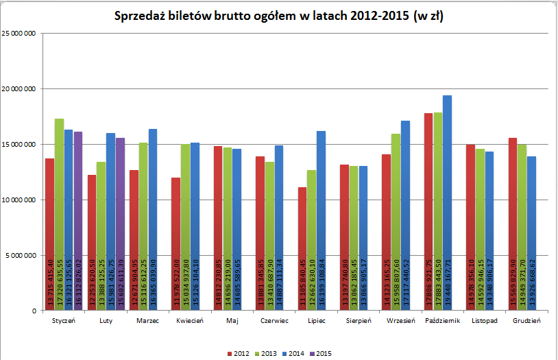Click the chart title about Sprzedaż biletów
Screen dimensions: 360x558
click(x=278, y=17)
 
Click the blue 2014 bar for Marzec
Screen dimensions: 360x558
click(x=152, y=219)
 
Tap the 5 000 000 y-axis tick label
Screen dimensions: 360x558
click(x=21, y=255)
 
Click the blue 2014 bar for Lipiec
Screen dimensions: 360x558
click(x=321, y=220)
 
